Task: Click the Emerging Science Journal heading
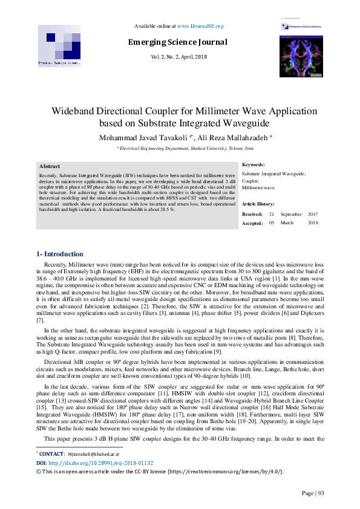177,42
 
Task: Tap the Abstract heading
50,166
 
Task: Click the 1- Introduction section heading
60,254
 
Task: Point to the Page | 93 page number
313,493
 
